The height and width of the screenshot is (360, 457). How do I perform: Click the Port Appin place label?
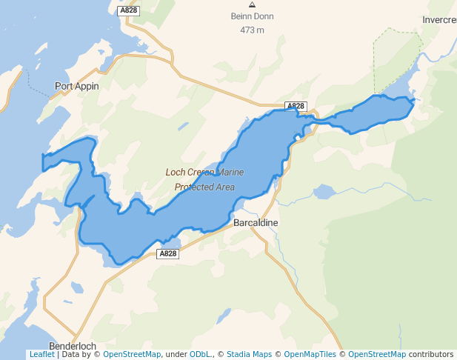76,86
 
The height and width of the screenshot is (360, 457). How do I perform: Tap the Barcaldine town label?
256,222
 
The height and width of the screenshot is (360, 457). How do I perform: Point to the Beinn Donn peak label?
252,16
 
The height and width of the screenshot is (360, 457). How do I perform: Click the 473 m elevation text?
252,30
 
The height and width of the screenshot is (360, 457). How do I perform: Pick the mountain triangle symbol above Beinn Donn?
252,5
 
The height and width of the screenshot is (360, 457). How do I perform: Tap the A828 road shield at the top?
127,10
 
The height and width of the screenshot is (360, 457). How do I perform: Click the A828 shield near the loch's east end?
296,106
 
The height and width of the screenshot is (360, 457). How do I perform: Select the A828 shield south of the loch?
168,253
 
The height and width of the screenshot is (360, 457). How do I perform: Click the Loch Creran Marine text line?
204,173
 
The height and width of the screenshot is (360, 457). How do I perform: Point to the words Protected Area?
204,187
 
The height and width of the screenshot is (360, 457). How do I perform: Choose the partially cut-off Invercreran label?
439,20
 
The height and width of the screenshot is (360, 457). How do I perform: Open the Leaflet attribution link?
41,355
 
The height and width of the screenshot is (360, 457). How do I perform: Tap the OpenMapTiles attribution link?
310,355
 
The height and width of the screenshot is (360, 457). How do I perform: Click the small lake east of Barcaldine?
324,193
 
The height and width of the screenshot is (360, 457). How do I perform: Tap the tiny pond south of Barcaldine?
220,321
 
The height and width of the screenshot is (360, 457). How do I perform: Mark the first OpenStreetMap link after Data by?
132,355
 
